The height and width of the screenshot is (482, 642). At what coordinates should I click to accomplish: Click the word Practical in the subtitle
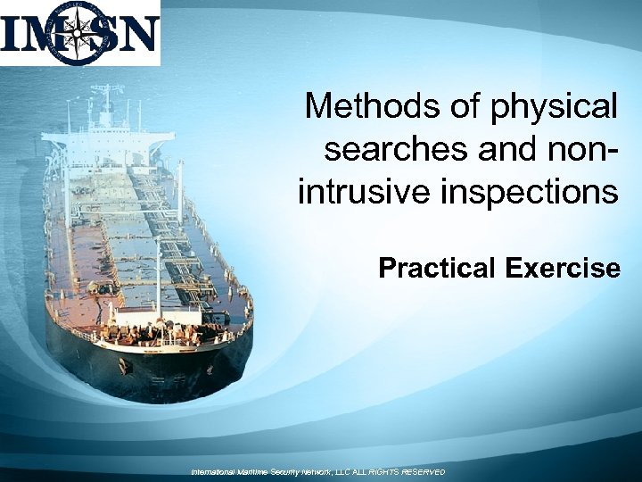coord(434,267)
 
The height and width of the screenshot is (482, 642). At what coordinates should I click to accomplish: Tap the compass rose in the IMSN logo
coord(79,34)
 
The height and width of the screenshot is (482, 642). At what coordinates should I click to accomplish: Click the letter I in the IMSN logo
coord(12,35)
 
